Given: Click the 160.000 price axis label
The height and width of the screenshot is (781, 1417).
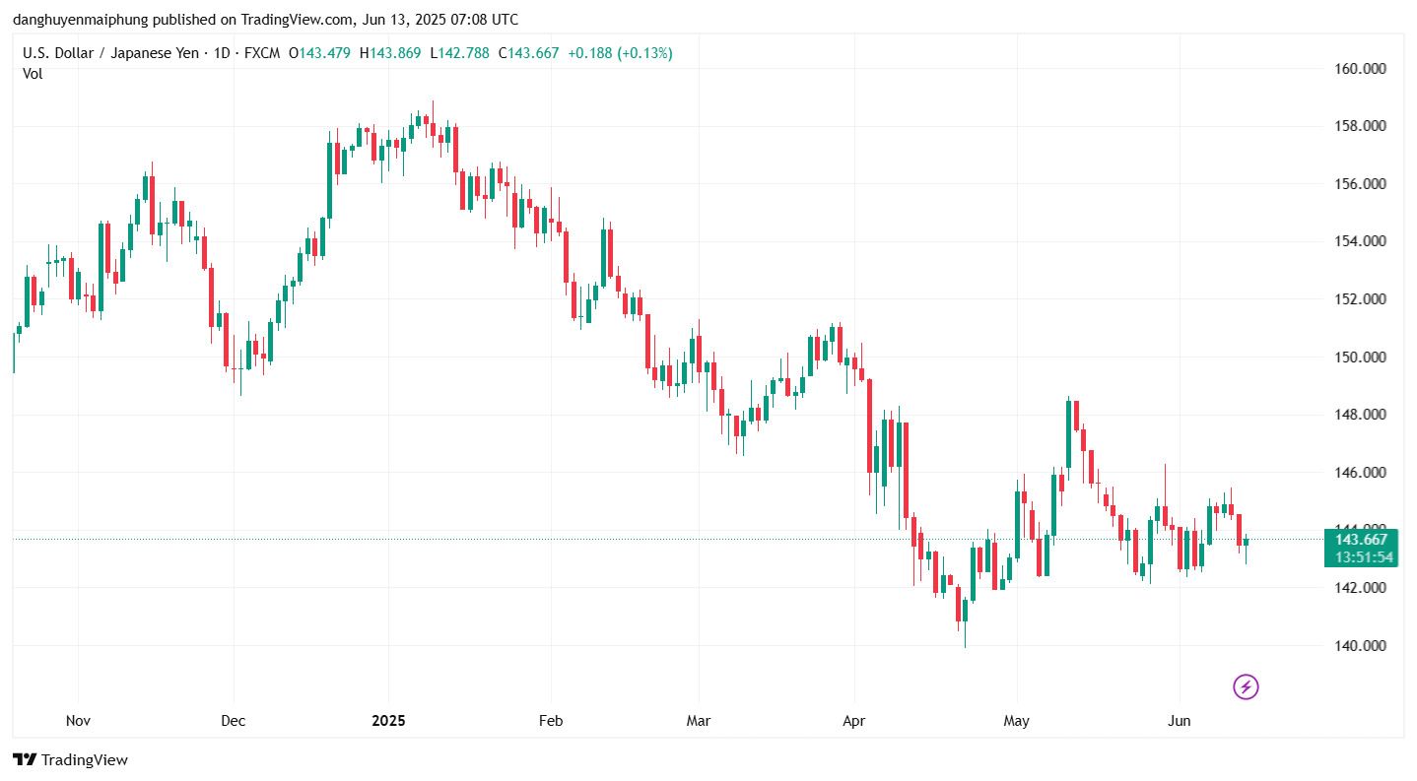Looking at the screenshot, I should pos(1360,69).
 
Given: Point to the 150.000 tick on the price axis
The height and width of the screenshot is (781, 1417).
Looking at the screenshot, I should pos(1360,358).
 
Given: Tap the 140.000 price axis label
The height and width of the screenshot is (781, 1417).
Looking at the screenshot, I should pos(1360,646).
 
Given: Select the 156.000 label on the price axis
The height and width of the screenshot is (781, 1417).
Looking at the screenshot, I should pos(1360,184).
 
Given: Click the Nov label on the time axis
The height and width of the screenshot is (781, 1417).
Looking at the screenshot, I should pos(78,721).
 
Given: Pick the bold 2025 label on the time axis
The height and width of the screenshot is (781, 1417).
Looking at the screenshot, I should pos(388,721).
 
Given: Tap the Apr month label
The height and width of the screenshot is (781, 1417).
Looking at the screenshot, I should pos(853,721).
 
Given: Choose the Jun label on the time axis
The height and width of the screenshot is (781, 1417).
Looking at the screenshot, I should pos(1179,721).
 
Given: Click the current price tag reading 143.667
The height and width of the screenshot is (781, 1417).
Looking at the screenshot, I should pos(1361,539).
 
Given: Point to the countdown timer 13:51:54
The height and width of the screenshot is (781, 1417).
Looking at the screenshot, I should pos(1361,557).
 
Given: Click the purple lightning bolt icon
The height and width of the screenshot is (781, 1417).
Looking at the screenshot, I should pos(1246,686).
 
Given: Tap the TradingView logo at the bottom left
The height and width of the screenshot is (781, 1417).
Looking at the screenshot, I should pos(70,760).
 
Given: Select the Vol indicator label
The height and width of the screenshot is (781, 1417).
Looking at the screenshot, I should pos(33,73).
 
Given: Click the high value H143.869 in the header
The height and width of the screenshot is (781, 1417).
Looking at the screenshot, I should pos(392,53).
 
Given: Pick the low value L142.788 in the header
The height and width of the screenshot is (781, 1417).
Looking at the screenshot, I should pos(459,53).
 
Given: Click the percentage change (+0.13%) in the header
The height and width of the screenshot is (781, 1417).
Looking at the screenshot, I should pos(644,53).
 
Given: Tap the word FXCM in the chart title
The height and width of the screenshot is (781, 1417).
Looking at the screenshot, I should pos(260,53).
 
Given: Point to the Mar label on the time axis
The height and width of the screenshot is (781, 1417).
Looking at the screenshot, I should pos(698,721).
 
